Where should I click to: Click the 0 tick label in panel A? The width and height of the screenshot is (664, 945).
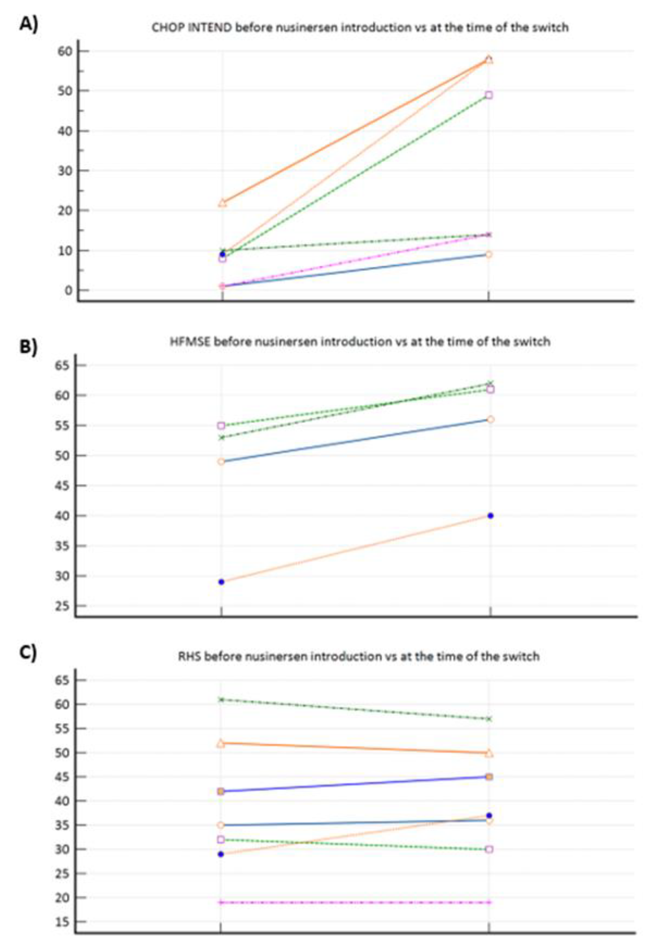pos(68,290)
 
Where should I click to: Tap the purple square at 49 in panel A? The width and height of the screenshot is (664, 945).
pos(489,95)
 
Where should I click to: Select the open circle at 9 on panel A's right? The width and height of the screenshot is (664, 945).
pos(489,254)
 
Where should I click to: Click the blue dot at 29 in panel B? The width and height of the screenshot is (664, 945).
pos(221,582)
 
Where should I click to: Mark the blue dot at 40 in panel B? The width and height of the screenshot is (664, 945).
pos(490,516)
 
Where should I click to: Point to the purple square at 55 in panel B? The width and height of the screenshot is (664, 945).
pos(221,426)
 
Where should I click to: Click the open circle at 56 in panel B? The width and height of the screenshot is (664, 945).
pos(490,419)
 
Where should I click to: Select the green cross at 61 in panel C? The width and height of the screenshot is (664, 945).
pos(221,699)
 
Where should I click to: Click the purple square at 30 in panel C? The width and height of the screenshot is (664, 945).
pos(489,849)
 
